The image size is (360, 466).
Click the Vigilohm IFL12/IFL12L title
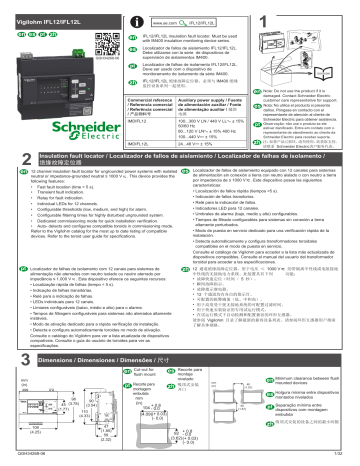pyautogui.click(x=50, y=8)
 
